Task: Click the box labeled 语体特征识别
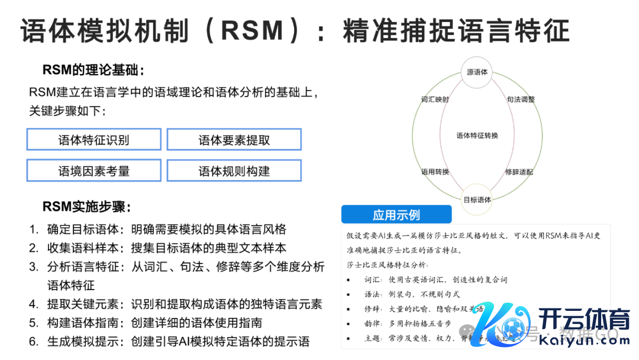click(x=93, y=140)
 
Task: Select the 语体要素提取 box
click(x=234, y=140)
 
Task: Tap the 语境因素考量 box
click(x=93, y=171)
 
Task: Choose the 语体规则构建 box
click(x=234, y=171)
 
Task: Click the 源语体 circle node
click(x=477, y=72)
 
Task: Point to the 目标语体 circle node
click(x=477, y=200)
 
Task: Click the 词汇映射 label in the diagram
click(x=435, y=99)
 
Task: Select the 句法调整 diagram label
click(x=521, y=99)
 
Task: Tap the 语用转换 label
click(x=435, y=172)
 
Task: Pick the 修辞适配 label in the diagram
click(x=519, y=172)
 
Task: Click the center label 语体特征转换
click(x=477, y=136)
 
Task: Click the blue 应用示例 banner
click(x=396, y=214)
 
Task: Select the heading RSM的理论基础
click(x=93, y=70)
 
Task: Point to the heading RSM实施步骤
click(x=86, y=207)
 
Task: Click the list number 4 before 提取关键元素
click(x=34, y=304)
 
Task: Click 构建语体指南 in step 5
click(x=83, y=323)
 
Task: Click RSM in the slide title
click(x=251, y=30)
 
